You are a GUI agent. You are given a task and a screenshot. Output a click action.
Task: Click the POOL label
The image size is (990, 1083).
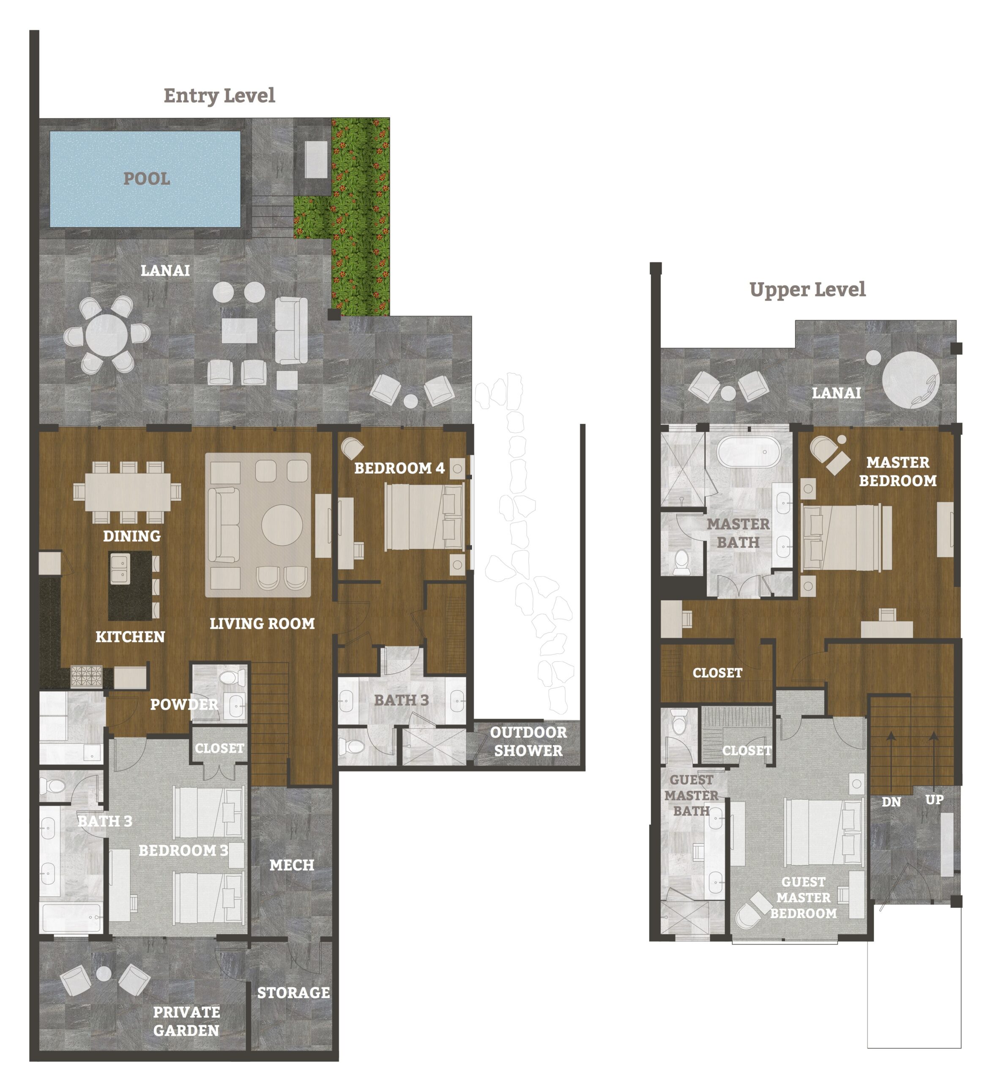(147, 179)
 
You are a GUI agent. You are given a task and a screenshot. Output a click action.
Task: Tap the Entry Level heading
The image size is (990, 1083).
(219, 96)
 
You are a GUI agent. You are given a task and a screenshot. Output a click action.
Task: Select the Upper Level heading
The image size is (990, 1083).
(807, 289)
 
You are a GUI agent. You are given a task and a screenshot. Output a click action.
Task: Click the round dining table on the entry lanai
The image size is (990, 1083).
(107, 335)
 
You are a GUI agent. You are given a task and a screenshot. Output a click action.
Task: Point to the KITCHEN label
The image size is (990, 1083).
(130, 637)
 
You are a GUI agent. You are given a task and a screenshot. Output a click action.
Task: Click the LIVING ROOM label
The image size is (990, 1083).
(262, 624)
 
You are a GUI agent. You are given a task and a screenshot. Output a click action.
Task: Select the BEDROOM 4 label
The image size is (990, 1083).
(399, 468)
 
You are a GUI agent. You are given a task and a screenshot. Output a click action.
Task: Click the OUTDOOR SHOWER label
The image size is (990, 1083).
(528, 741)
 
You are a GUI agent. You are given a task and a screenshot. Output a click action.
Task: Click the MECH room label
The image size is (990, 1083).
(292, 865)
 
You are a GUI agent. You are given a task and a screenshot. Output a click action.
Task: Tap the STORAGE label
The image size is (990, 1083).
(293, 993)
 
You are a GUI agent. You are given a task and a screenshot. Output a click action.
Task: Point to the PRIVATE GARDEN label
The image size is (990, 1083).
(186, 1022)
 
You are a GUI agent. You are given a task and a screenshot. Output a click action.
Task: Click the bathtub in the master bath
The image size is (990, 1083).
(748, 451)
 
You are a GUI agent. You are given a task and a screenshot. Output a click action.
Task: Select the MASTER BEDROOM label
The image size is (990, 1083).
(898, 472)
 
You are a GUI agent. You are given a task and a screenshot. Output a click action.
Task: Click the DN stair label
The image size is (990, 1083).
(891, 802)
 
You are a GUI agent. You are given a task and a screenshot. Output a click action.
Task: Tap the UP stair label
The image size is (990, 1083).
(934, 800)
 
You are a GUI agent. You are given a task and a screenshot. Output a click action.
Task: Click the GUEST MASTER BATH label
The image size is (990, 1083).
(692, 796)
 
